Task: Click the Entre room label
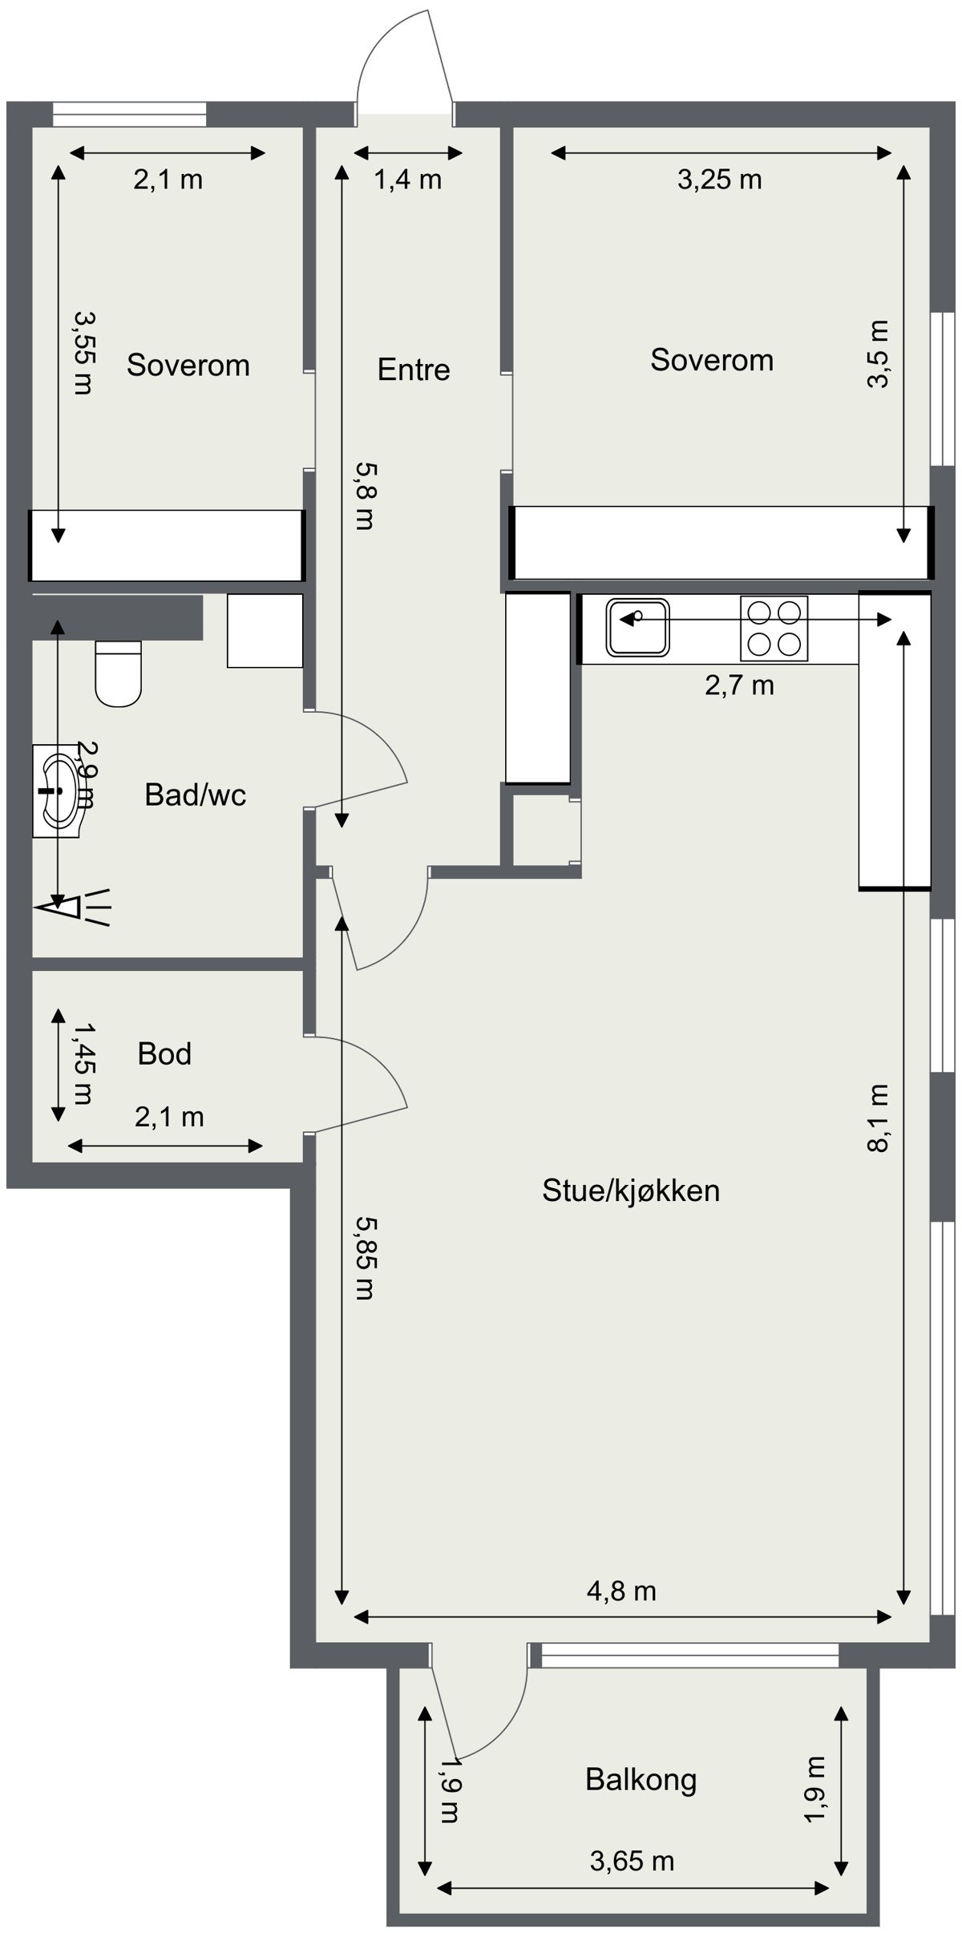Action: (x=414, y=370)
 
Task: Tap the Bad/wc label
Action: (x=195, y=795)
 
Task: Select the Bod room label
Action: (x=164, y=1053)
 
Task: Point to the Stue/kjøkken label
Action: (x=631, y=1191)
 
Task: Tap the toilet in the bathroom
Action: (x=118, y=673)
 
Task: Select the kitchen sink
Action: (x=637, y=626)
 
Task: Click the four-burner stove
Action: (x=774, y=629)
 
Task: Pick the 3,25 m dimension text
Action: (x=719, y=180)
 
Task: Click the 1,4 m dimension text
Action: (x=408, y=180)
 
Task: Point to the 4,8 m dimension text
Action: (x=621, y=1591)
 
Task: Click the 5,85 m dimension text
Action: (x=365, y=1258)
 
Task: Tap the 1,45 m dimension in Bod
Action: (x=83, y=1062)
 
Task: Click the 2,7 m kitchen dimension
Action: (x=739, y=685)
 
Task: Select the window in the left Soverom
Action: (x=130, y=114)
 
